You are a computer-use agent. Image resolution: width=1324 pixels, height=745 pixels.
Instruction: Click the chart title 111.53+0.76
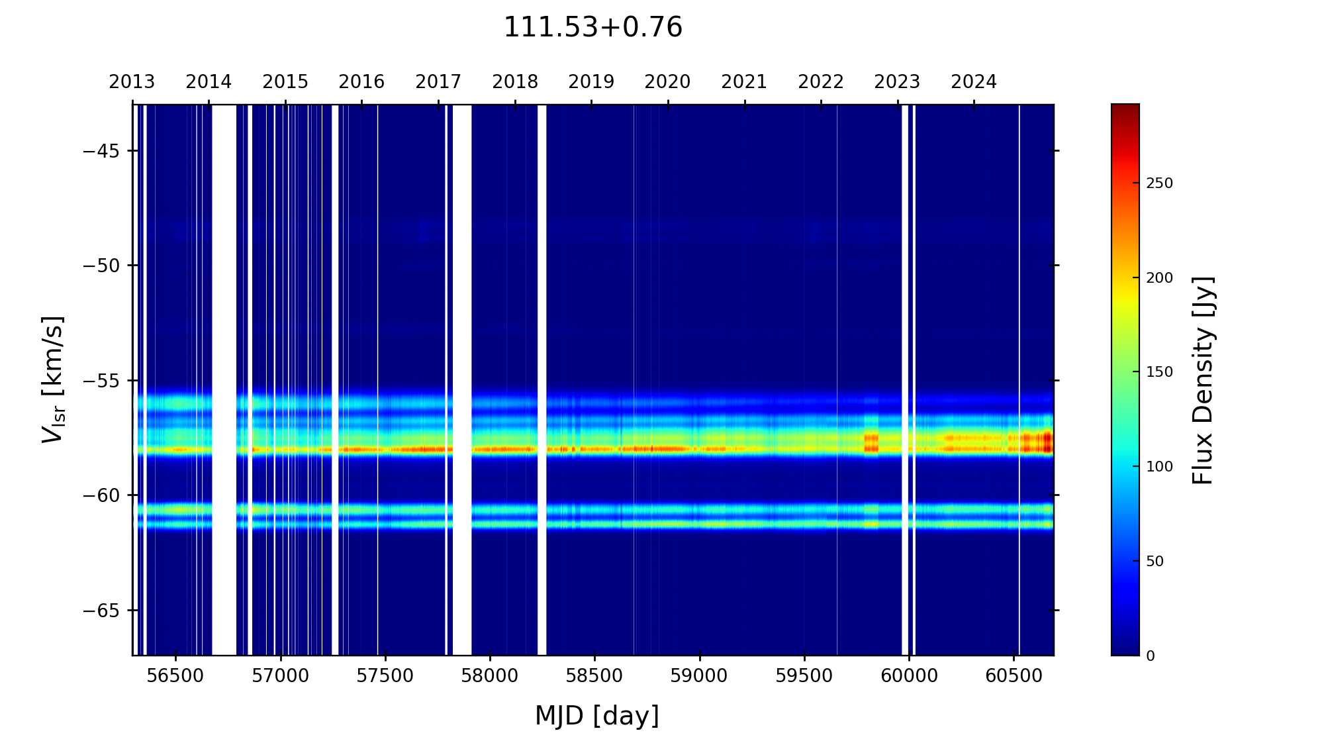click(592, 28)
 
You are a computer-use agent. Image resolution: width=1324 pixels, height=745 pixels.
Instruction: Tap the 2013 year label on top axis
click(132, 82)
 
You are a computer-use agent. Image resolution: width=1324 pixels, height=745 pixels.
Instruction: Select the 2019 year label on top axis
click(591, 82)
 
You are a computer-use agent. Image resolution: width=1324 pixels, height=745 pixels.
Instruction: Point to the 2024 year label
click(974, 82)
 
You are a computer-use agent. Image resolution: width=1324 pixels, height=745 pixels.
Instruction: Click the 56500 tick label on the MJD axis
click(175, 676)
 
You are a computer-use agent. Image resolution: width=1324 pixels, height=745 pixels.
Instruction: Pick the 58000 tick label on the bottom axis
click(490, 676)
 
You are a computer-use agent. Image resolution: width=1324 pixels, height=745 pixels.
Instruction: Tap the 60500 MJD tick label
click(1014, 676)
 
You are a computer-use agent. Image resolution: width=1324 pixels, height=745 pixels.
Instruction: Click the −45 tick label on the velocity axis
click(101, 151)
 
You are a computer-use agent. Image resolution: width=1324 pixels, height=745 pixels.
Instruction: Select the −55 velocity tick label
click(101, 381)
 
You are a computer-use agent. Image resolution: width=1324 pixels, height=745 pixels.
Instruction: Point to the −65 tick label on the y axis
click(101, 610)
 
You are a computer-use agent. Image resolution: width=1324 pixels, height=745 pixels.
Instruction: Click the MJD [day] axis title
click(597, 716)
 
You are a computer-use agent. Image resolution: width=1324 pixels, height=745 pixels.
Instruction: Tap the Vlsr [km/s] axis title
click(53, 379)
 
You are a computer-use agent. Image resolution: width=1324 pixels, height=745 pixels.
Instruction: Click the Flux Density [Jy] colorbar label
click(1203, 380)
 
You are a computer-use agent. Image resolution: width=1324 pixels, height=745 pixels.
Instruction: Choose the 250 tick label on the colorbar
click(1159, 183)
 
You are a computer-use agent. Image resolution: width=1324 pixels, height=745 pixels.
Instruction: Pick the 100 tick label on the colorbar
click(1159, 467)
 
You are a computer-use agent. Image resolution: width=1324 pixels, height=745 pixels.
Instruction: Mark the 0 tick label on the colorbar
click(1151, 656)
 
